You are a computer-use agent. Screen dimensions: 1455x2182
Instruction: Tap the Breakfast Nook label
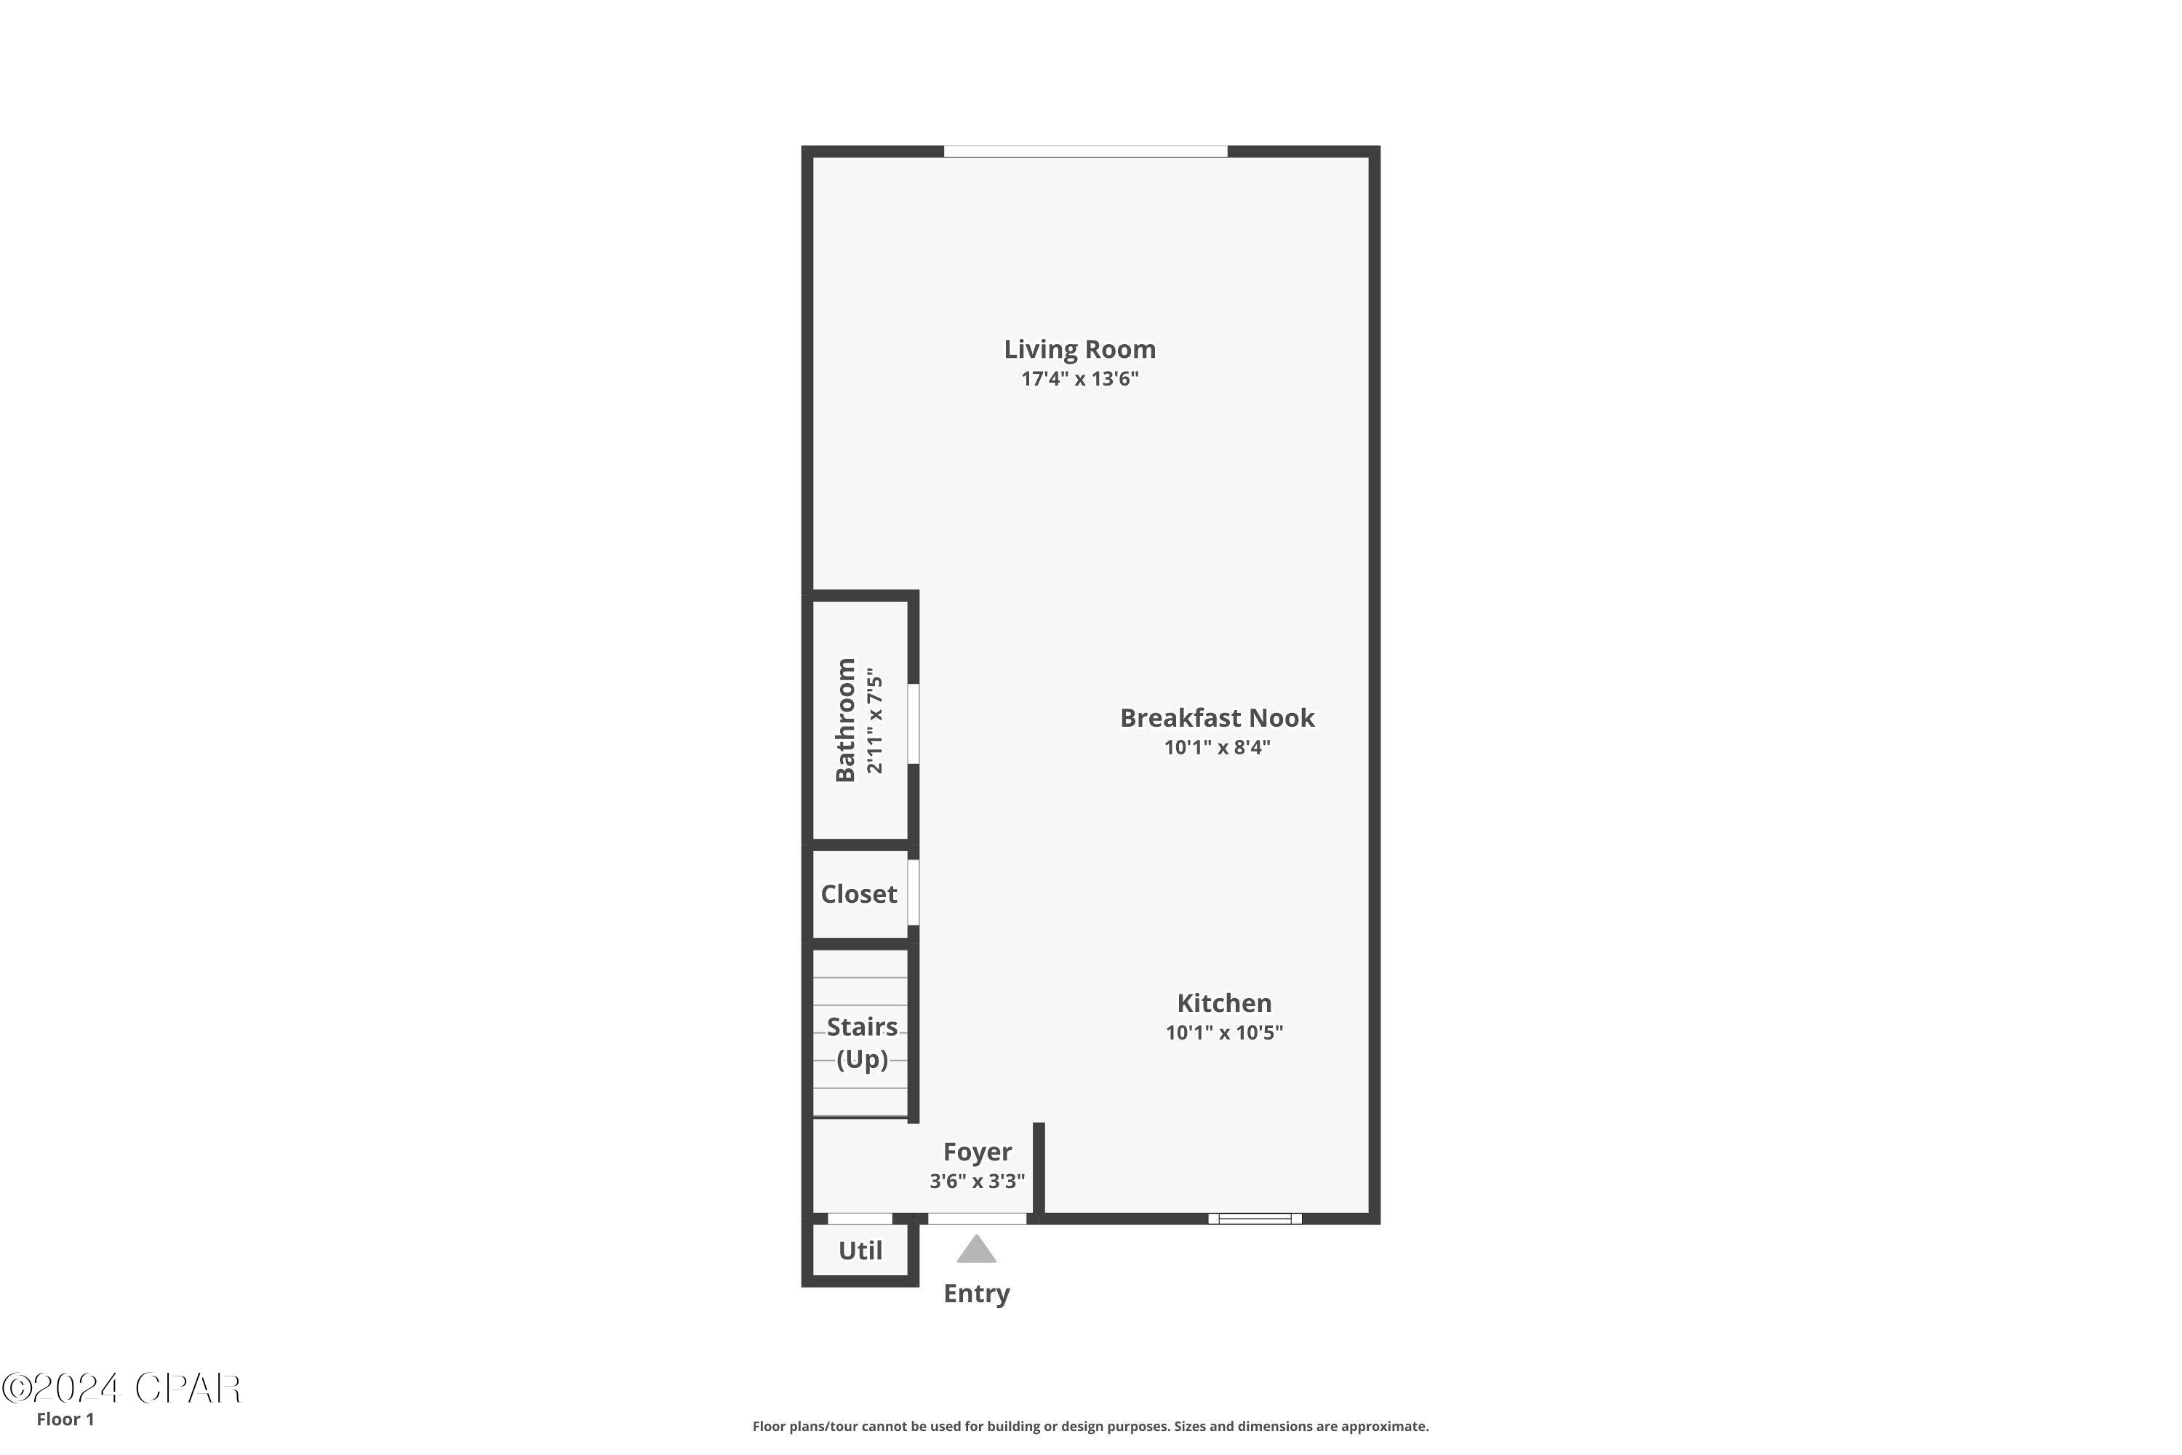click(1216, 718)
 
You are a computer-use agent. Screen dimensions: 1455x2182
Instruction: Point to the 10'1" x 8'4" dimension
click(1216, 747)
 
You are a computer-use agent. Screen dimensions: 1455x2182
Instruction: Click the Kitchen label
click(1223, 1003)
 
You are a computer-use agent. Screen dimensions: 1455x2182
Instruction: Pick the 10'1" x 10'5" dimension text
click(1223, 1032)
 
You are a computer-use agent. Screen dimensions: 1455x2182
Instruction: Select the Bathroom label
click(845, 720)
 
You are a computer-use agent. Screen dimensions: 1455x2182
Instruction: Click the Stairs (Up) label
click(862, 1043)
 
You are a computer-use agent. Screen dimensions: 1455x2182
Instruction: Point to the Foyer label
click(977, 1152)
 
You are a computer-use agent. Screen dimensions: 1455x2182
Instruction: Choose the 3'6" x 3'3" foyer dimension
click(977, 1180)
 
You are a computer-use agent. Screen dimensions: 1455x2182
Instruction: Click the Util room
click(860, 1251)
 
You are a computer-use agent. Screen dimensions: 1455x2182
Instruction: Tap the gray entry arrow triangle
click(976, 1250)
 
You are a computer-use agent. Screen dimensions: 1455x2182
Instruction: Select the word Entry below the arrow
click(976, 1293)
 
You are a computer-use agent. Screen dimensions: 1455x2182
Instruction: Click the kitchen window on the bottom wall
click(1254, 1219)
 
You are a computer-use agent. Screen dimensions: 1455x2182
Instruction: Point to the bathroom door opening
click(913, 724)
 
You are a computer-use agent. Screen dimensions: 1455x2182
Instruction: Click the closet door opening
click(913, 892)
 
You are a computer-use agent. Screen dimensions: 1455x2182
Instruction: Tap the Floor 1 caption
click(65, 1419)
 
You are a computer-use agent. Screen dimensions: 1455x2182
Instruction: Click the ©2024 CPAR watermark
click(121, 1388)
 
